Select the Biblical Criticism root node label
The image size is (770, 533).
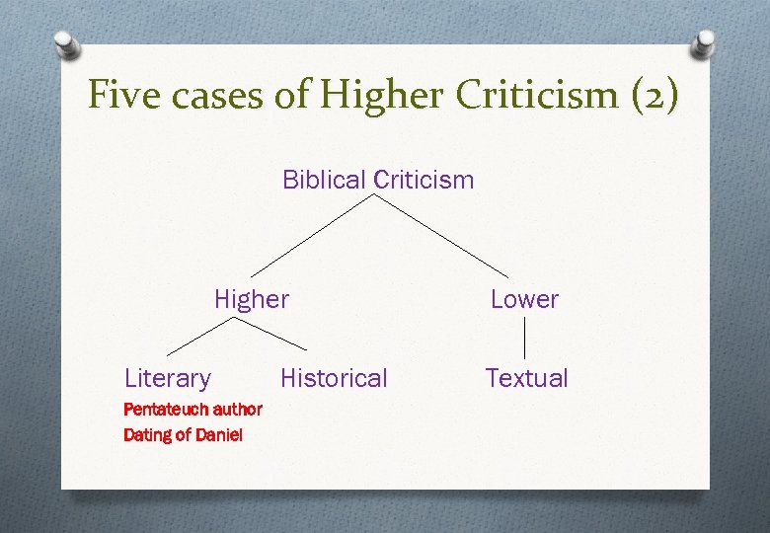coord(378,180)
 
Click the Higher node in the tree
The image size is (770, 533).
coord(252,299)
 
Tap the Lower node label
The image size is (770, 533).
coord(524,299)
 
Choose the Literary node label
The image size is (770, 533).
coord(168,378)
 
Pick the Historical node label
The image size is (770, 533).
coord(334,378)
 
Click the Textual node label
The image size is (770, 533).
coord(526,378)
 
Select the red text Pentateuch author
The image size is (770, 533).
coord(192,409)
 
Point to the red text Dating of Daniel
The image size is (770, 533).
coord(183,434)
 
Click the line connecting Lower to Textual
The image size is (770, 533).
coord(523,339)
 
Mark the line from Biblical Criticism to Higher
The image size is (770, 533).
coord(313,235)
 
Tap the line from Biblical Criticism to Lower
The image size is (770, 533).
coord(442,235)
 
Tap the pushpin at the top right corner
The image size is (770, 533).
coord(704,42)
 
